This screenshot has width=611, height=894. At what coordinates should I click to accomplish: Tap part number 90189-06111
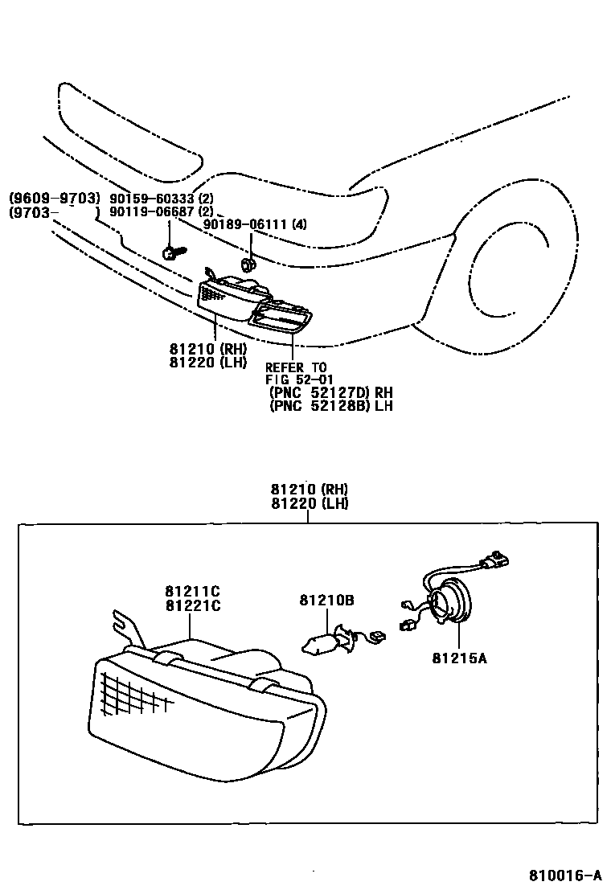pos(245,225)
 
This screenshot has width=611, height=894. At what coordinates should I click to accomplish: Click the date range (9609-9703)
pos(54,199)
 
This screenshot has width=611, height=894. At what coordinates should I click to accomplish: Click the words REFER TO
pos(296,367)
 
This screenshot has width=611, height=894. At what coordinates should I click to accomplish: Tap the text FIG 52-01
pos(299,379)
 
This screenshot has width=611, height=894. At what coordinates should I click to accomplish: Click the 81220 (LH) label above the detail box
pos(309,503)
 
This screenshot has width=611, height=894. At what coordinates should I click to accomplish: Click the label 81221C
pos(193,606)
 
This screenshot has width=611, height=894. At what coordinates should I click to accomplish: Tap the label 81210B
pos(327,600)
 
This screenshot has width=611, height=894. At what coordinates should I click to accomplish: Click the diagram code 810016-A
pos(564,875)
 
